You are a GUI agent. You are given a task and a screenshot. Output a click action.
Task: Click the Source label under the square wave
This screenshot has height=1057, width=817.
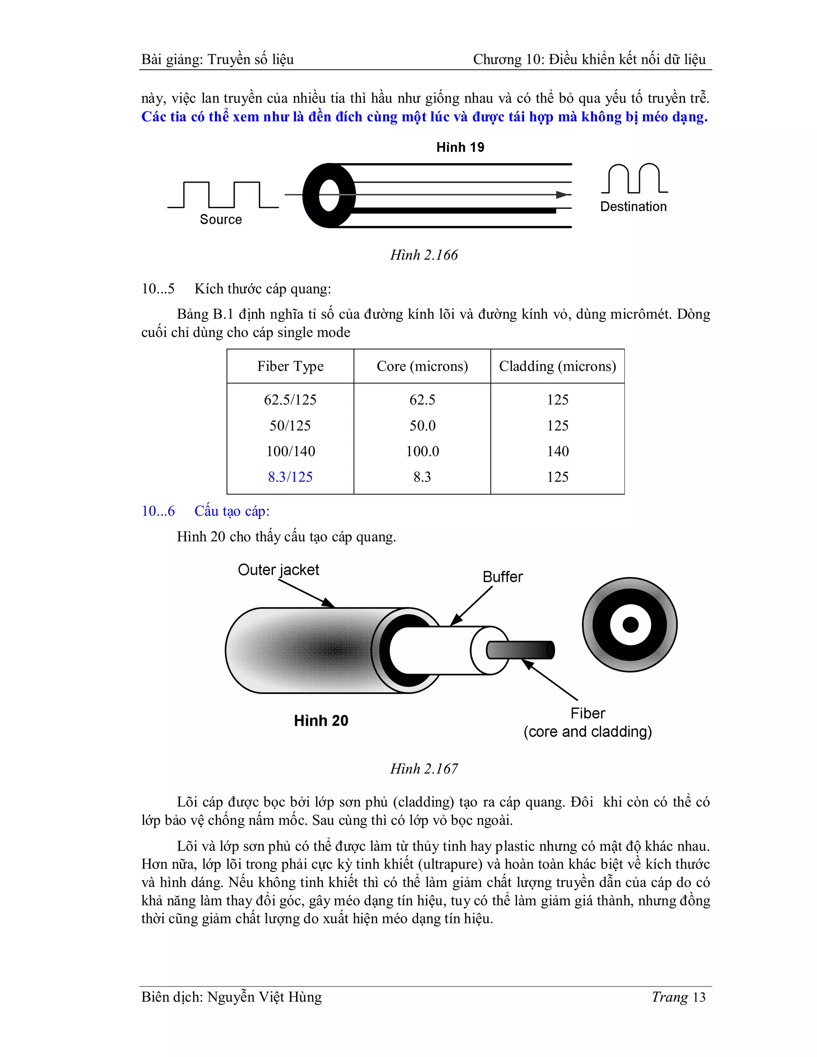coord(221,219)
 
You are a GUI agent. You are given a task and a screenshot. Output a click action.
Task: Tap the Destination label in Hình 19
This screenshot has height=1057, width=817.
coord(633,207)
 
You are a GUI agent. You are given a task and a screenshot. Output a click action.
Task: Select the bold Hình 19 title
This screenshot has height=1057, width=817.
coord(460,147)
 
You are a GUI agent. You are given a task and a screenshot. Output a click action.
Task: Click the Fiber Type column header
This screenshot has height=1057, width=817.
coord(290,367)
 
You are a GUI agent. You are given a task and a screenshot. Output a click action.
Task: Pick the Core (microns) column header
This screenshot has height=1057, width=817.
coord(422,367)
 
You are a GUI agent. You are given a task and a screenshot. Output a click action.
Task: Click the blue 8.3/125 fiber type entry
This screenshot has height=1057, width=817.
coord(290,477)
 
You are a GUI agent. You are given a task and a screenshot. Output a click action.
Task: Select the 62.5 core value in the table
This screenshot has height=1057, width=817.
coord(422,400)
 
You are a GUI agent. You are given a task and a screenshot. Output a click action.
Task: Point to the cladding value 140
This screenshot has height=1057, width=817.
coord(558,452)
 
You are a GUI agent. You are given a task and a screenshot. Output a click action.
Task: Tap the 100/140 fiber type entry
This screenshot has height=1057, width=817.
coord(290,452)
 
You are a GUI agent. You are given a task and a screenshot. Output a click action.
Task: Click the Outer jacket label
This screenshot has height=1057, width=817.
coord(278,570)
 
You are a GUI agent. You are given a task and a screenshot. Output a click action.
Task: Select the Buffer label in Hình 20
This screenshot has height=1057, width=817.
coord(502,577)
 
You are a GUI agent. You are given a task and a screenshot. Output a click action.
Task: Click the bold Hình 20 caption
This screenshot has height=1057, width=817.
coord(321,721)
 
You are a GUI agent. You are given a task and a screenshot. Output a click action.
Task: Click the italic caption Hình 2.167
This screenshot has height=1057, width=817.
coord(424,769)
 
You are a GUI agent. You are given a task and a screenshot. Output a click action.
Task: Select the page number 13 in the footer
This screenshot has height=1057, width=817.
coord(699,997)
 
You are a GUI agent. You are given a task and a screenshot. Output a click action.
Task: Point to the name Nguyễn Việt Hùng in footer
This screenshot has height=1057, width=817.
coord(264,997)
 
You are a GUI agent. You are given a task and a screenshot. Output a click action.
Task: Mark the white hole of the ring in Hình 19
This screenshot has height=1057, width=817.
coord(329,195)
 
